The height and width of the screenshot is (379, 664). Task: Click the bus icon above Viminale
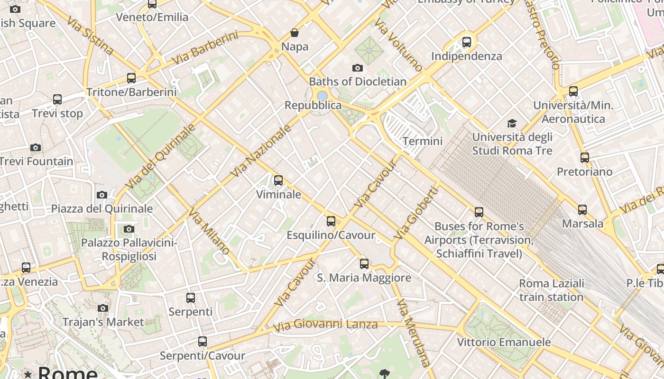tap(278, 180)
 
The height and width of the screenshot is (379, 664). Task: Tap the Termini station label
tap(422, 141)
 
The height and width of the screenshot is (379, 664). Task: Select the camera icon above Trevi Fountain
tap(36, 148)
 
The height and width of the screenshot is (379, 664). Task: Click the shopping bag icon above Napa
tap(295, 33)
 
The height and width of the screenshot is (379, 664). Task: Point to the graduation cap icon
tap(512, 124)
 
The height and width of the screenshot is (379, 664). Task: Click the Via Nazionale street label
tap(260, 151)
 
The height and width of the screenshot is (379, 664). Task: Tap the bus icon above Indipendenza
tap(467, 42)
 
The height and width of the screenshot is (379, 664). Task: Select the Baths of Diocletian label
tap(358, 81)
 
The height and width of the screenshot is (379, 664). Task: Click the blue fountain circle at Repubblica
tap(322, 96)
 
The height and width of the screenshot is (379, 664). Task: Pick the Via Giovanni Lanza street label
tap(325, 325)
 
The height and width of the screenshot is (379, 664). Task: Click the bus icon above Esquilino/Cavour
tap(331, 221)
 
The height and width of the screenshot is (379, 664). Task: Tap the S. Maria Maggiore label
tap(364, 278)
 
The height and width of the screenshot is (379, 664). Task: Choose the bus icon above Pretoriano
tap(585, 158)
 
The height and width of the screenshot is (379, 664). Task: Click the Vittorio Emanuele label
tap(504, 342)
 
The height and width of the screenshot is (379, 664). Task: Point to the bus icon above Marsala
tap(582, 209)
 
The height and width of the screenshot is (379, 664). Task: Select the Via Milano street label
tap(209, 232)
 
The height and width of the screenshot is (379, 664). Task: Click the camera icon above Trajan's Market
tap(103, 308)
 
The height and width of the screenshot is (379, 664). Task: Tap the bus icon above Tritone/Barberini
tap(131, 78)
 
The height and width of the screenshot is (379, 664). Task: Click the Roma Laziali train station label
tap(551, 290)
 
